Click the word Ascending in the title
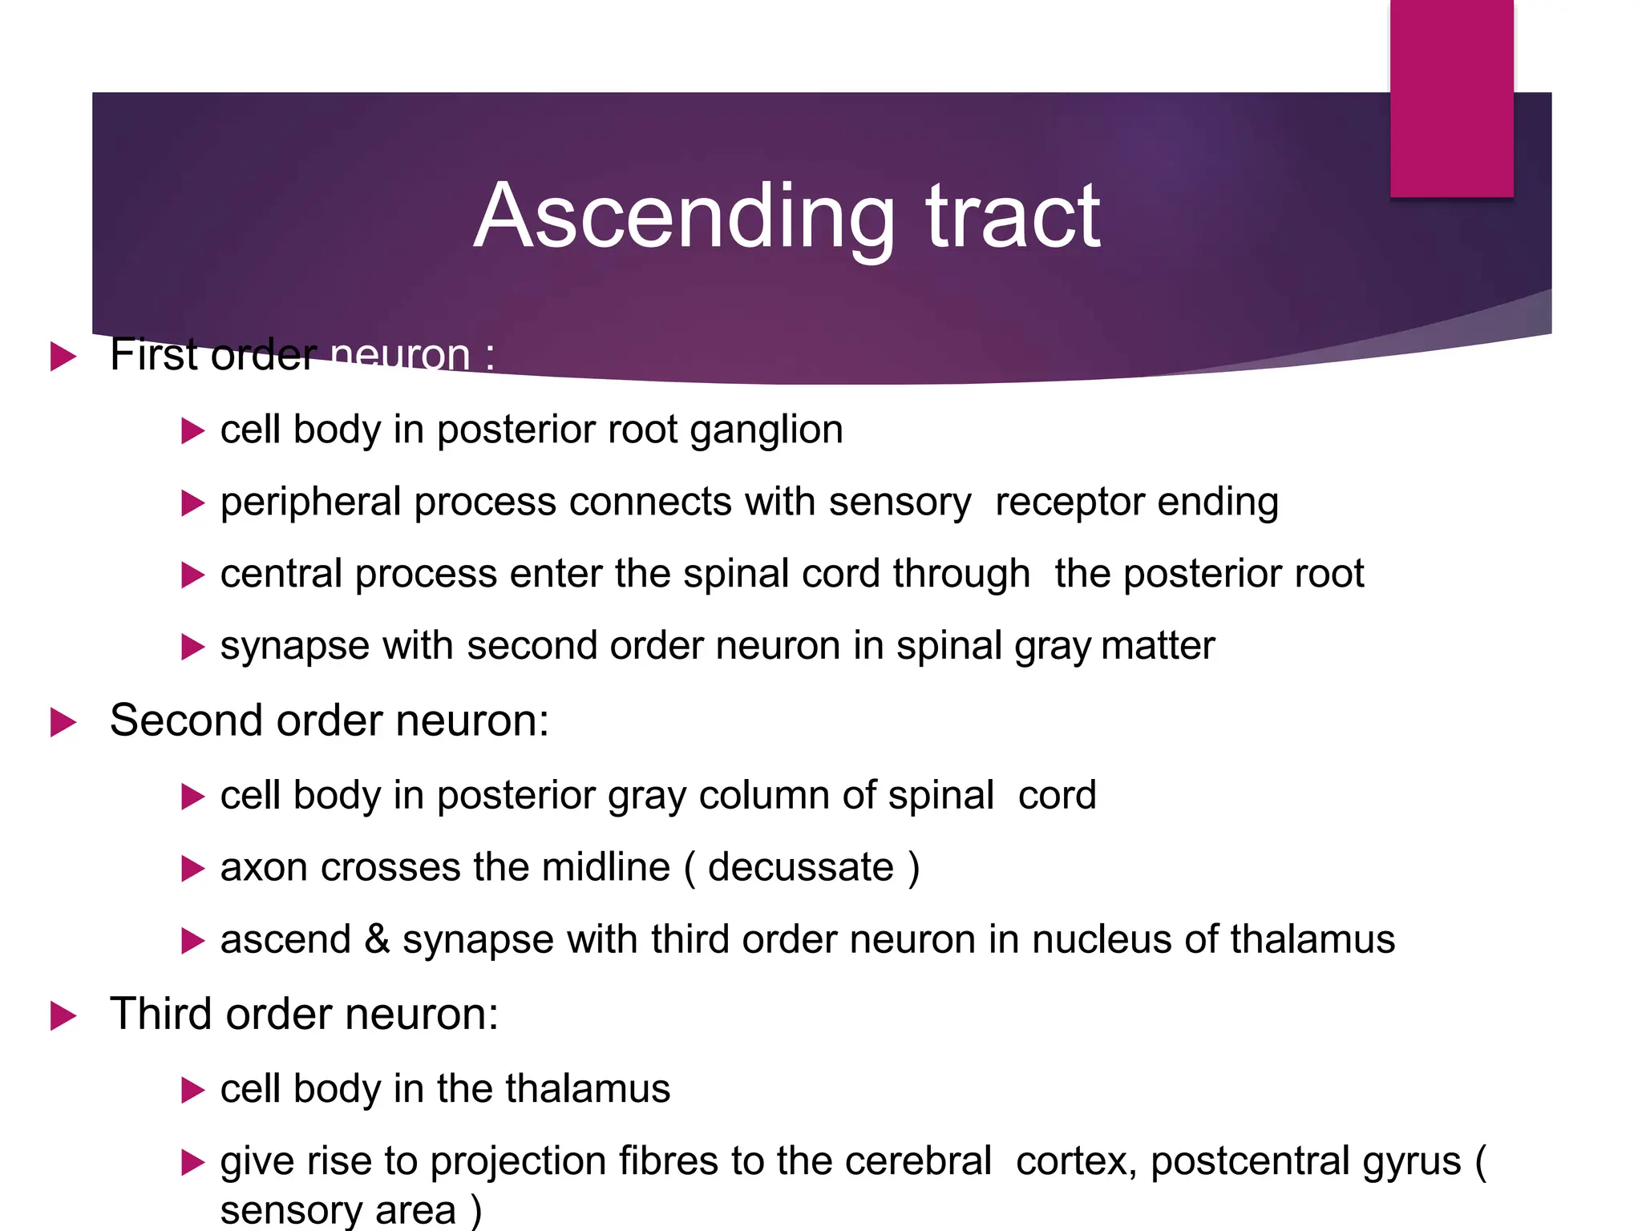684,218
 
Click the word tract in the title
1013,218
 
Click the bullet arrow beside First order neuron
63,356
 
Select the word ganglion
766,430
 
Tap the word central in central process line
281,574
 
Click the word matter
1158,646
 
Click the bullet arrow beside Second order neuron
63,721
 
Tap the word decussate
800,867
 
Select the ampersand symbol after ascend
377,939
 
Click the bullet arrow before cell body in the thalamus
193,1090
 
